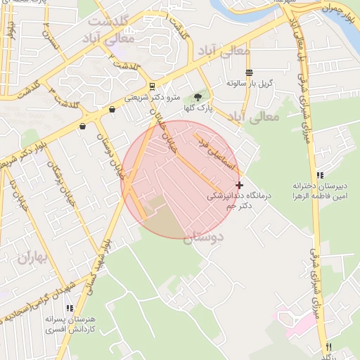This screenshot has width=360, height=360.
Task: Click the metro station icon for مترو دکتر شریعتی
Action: [153, 88]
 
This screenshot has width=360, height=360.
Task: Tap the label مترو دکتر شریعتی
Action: [153, 98]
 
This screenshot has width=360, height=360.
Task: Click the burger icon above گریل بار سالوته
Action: [249, 72]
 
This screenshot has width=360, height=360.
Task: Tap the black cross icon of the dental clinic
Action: [239, 185]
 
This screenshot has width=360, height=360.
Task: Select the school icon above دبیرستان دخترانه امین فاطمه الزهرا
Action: [320, 175]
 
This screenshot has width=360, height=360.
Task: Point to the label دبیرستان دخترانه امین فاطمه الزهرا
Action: [320, 191]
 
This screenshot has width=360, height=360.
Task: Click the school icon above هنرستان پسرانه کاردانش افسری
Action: [69, 308]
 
